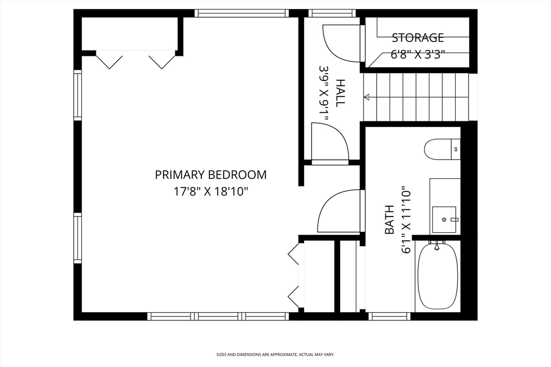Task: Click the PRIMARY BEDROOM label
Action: tap(211, 175)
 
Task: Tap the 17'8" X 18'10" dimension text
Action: tap(211, 192)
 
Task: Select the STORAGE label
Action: tap(418, 38)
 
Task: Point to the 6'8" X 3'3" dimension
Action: tap(418, 54)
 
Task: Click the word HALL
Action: tap(341, 93)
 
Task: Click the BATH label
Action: tap(390, 220)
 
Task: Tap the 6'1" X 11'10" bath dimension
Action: tap(406, 220)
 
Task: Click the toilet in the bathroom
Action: tap(442, 149)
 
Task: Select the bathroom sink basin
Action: tap(444, 220)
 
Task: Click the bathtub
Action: tap(437, 276)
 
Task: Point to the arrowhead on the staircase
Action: tap(366, 97)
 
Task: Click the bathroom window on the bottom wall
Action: tap(390, 316)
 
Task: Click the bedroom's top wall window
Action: tap(242, 13)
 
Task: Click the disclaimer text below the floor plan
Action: tap(275, 355)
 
